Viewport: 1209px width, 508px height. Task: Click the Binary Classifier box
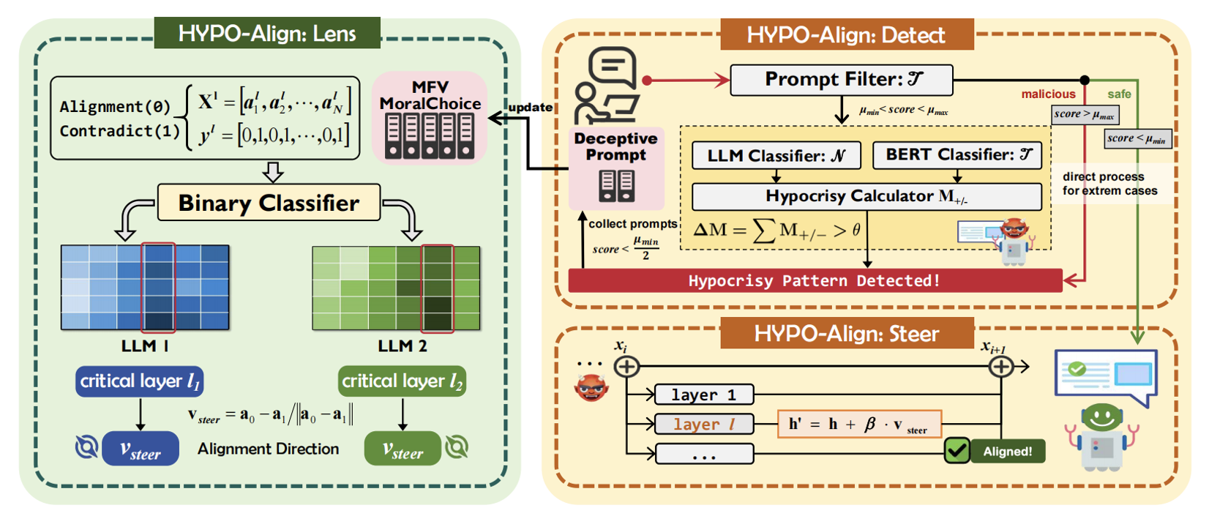click(269, 203)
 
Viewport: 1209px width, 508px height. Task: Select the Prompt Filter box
click(842, 80)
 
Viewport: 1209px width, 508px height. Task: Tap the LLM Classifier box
click(776, 155)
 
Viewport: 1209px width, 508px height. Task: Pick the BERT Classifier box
click(957, 155)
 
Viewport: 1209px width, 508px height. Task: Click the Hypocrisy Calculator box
click(866, 196)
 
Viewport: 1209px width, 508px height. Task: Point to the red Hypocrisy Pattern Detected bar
click(815, 281)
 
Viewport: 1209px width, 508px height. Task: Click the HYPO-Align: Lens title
click(267, 33)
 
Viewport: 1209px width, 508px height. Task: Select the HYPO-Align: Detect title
click(847, 34)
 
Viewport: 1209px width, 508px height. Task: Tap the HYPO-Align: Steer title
click(847, 333)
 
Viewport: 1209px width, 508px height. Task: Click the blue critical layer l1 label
click(139, 381)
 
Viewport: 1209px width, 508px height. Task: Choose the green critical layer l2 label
click(402, 381)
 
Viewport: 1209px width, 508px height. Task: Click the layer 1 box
click(704, 395)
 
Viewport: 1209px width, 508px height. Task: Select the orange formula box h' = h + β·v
click(859, 424)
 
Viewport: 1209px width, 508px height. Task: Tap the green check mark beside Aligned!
click(957, 451)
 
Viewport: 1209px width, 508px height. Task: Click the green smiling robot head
click(1101, 419)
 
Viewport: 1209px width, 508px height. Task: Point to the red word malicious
click(1048, 94)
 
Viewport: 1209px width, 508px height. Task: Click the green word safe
click(1119, 94)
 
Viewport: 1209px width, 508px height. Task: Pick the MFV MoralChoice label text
click(430, 95)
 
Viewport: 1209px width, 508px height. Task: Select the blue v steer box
click(141, 448)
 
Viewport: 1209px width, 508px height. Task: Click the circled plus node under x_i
click(626, 367)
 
